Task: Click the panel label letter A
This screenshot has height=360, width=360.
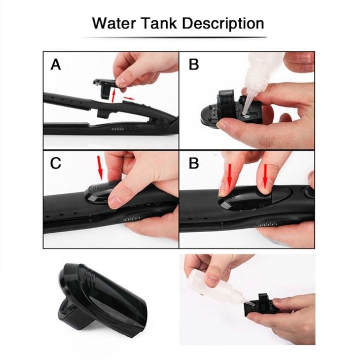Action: (56, 64)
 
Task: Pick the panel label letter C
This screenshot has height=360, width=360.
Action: (56, 163)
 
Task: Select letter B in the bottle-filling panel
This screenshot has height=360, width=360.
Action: (194, 64)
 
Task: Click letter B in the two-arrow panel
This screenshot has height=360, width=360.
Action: (194, 163)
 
